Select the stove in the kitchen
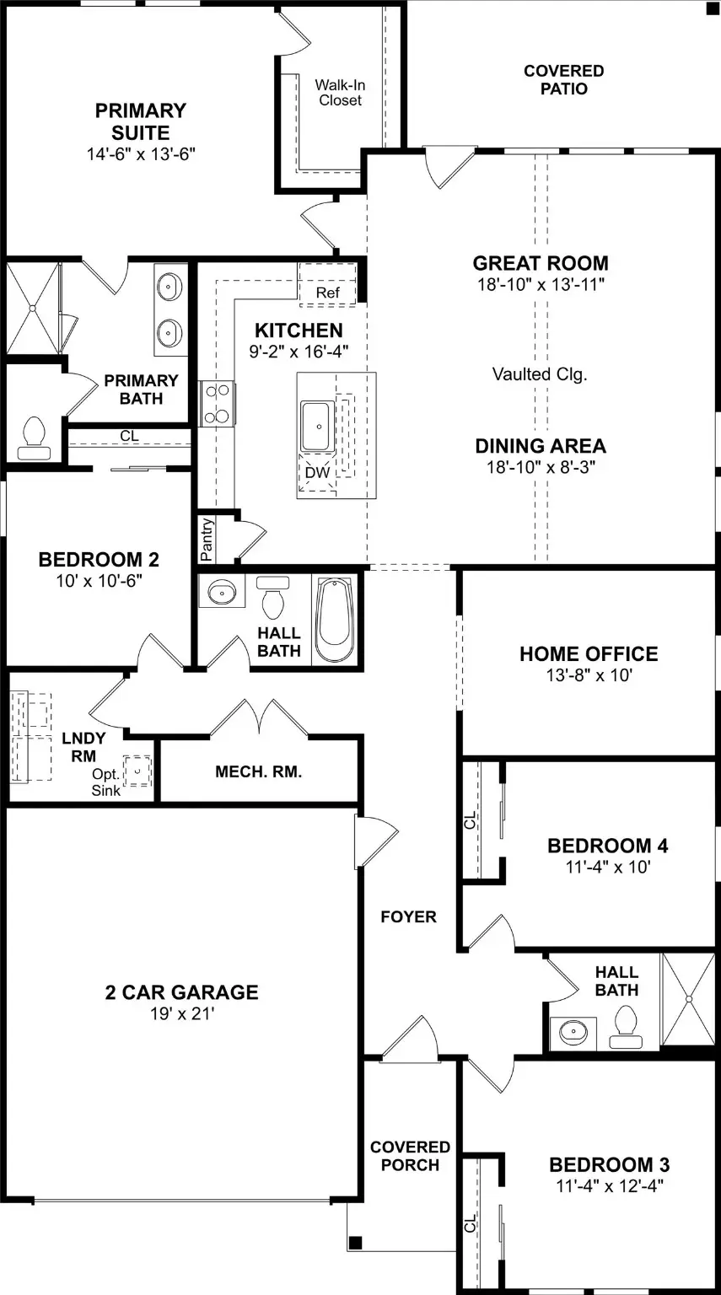pos(217,404)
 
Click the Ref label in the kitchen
pos(327,293)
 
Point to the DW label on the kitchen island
pos(317,472)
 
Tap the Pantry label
pos(207,540)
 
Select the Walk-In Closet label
pos(340,93)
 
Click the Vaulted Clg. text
pos(540,374)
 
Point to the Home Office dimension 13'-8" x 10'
pos(589,674)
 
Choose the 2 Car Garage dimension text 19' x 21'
pos(182,1013)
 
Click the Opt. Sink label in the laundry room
pos(105,782)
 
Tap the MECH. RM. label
pos(258,771)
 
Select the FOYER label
pos(408,916)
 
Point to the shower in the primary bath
pos(32,308)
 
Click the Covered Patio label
pos(564,80)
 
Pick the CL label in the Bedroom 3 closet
pos(470,1222)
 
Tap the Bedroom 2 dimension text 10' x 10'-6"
pos(99,580)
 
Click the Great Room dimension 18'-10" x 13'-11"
pos(541,284)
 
